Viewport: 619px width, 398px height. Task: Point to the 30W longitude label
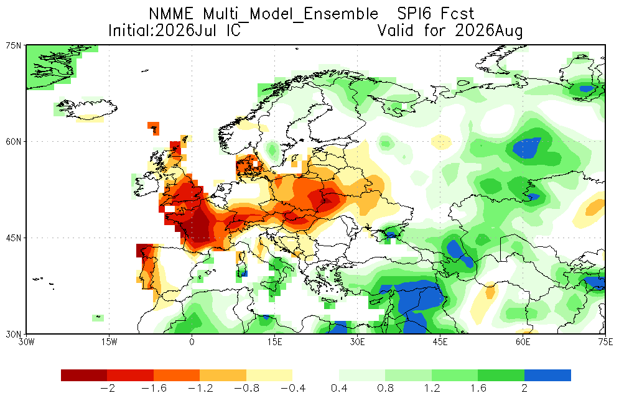click(27, 341)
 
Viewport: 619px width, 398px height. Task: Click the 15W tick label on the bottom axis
click(109, 341)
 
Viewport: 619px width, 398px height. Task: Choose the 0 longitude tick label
click(192, 341)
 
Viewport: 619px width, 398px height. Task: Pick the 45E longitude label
click(440, 341)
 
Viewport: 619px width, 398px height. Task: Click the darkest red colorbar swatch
click(84, 375)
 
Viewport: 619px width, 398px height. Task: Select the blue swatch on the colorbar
click(547, 375)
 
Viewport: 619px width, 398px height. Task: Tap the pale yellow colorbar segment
click(269, 375)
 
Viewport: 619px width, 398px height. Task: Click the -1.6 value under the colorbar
click(154, 389)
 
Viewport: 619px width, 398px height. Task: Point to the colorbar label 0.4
click(339, 389)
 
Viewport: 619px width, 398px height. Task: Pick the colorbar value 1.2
click(432, 389)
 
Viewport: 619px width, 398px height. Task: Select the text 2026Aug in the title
click(489, 30)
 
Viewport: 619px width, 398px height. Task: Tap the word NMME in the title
click(171, 14)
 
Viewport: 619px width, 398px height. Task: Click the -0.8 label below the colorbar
click(247, 389)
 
